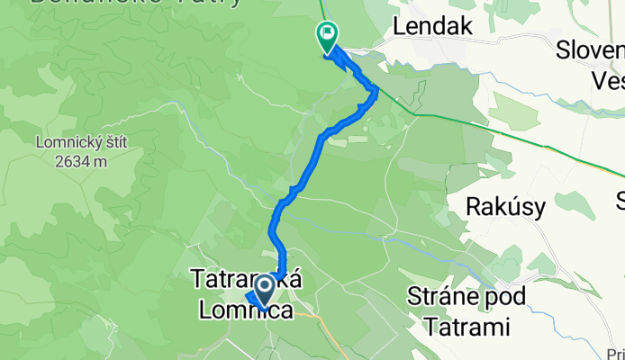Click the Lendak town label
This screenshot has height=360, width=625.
point(433,27)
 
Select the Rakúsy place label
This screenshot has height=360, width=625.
point(505,207)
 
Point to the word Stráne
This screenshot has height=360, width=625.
point(447,295)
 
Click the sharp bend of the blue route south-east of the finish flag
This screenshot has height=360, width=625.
point(374,88)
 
